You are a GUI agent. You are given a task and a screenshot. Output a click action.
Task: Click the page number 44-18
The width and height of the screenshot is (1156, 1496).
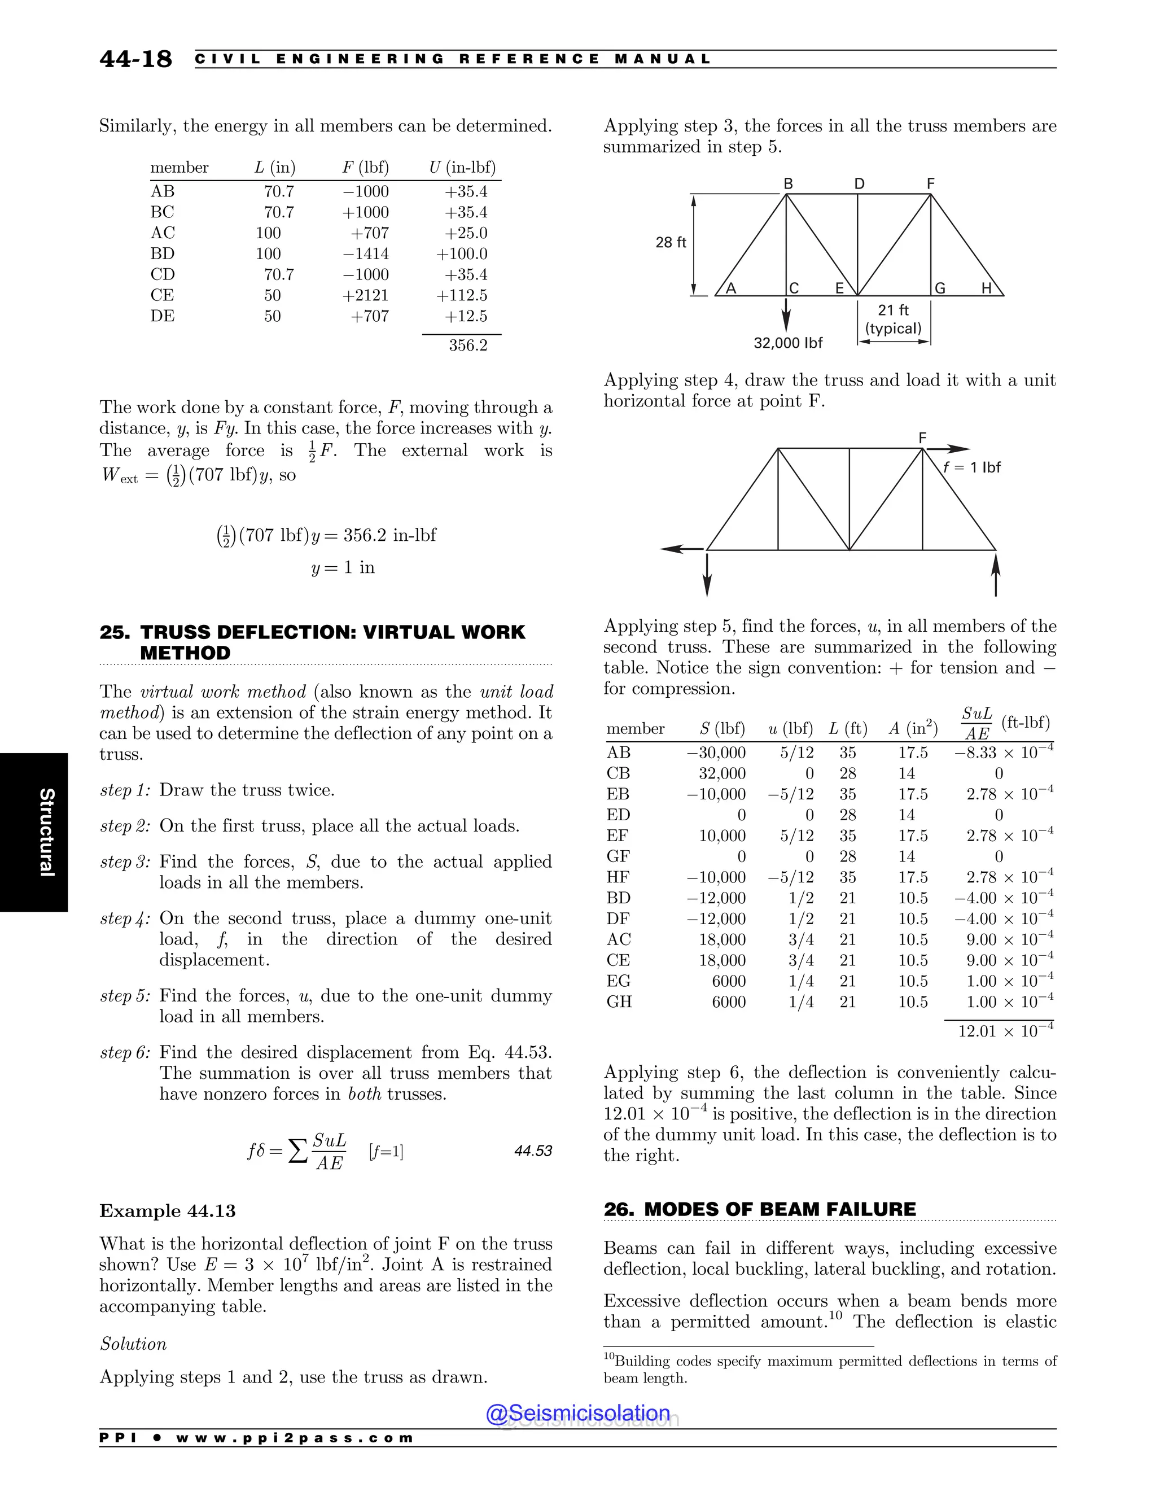[x=135, y=60]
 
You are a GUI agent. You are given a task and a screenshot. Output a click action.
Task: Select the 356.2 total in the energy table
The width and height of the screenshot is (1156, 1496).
[x=468, y=345]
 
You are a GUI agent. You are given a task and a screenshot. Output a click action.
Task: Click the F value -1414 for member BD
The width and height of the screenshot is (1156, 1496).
[x=366, y=254]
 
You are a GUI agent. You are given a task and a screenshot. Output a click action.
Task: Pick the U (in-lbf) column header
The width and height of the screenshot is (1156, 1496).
[x=462, y=168]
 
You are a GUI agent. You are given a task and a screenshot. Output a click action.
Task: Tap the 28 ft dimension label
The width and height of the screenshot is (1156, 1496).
[x=671, y=243]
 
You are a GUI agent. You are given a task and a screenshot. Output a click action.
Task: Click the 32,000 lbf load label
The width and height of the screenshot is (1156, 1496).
[x=787, y=343]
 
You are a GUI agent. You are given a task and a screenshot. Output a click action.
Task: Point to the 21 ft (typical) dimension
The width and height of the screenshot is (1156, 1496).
[x=893, y=319]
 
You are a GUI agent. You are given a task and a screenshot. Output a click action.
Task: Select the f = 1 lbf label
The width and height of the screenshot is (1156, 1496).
[x=972, y=468]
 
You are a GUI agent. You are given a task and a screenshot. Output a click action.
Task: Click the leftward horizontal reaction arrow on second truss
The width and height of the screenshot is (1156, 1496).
[x=682, y=549]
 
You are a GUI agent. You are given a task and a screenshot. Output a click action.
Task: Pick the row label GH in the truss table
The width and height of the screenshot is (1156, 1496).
[x=619, y=1002]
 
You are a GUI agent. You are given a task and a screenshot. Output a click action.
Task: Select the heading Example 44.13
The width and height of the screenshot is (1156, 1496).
[x=167, y=1211]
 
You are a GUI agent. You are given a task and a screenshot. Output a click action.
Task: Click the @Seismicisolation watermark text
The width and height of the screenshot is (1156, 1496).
[x=577, y=1413]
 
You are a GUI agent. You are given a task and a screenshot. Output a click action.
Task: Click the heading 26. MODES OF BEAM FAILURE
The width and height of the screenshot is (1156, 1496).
[x=759, y=1209]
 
